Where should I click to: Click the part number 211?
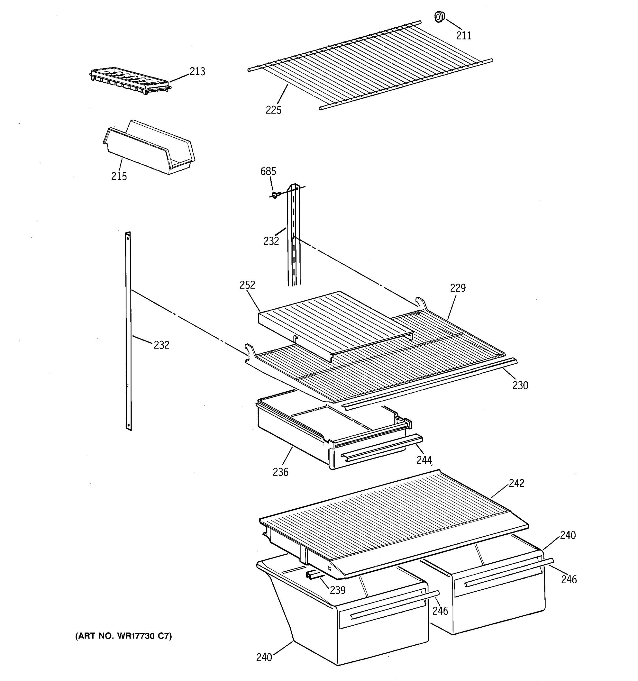coord(464,36)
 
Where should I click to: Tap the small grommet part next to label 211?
coord(439,16)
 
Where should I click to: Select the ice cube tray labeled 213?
coord(131,80)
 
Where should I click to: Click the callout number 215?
coord(119,176)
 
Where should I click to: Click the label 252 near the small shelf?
coord(247,285)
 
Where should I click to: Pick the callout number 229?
coord(458,288)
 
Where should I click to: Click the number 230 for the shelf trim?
coord(520,386)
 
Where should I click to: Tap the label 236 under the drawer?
coord(280,472)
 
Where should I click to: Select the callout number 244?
coord(424,460)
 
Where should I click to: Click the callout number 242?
coord(516,483)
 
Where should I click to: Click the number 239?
coord(337,590)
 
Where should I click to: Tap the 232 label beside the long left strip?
coord(161,345)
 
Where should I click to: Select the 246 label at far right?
coord(569,579)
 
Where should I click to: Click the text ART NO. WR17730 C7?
coord(123,636)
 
